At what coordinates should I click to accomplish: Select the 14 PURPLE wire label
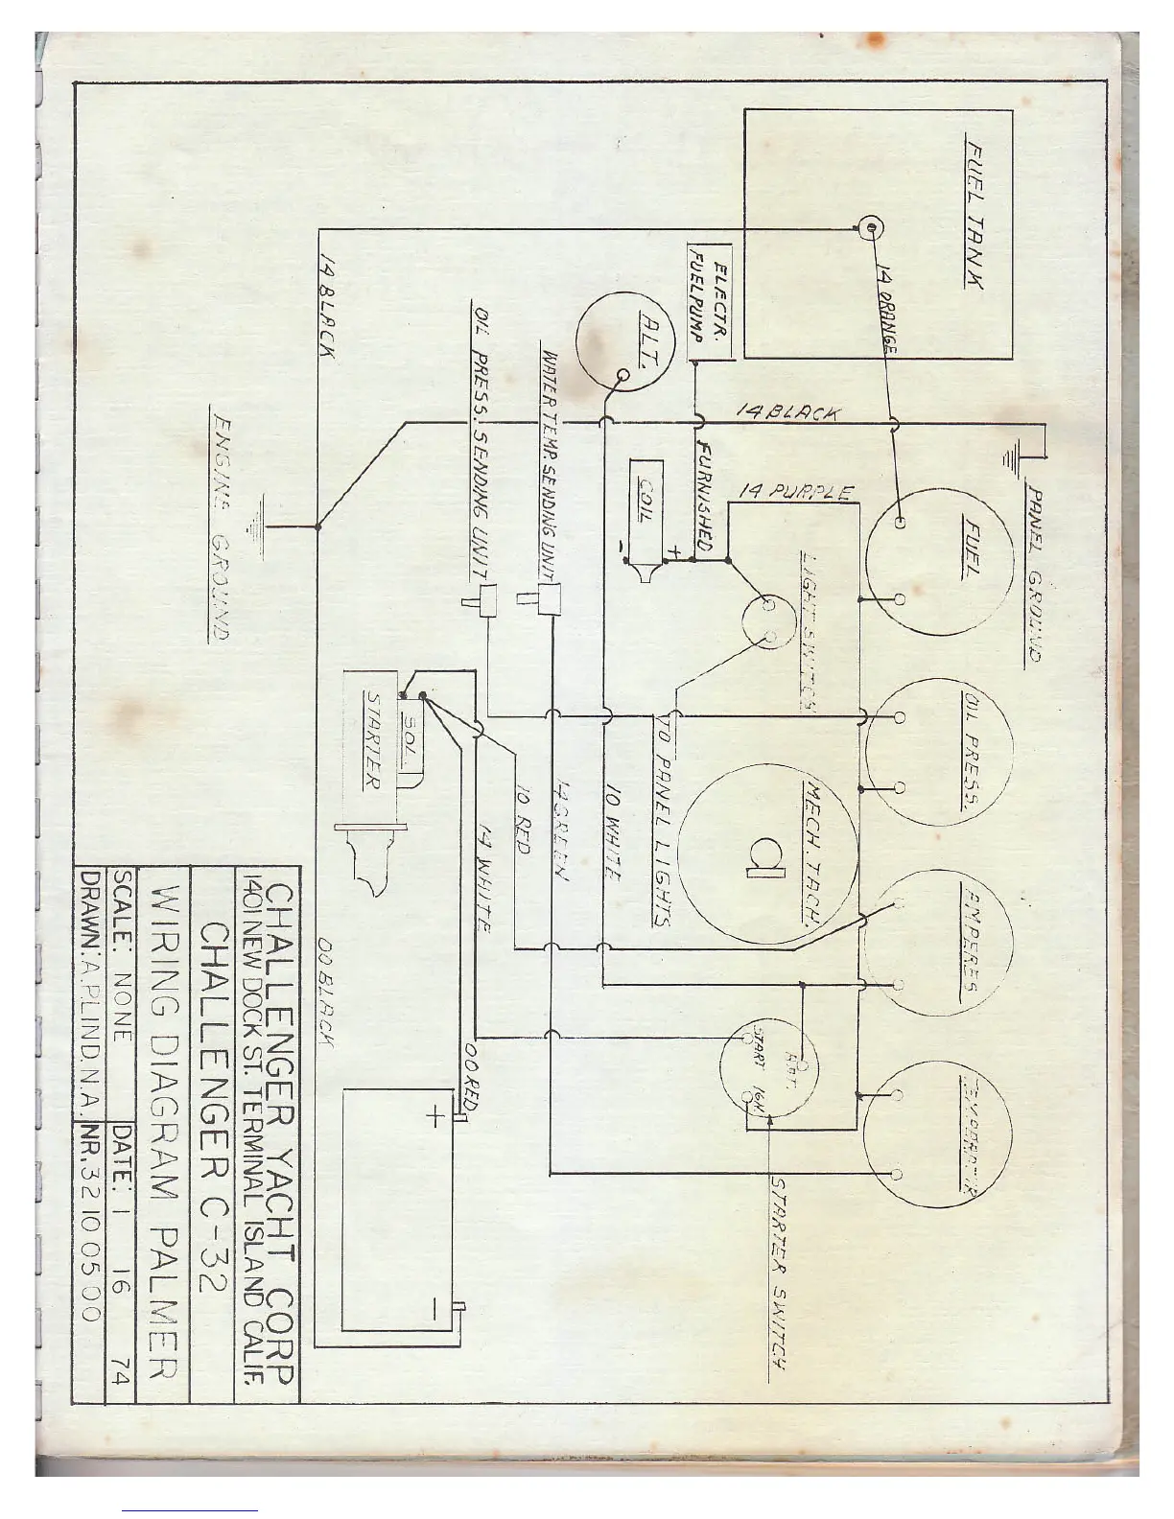[x=795, y=492]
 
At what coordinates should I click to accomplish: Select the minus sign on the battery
[x=434, y=1309]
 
